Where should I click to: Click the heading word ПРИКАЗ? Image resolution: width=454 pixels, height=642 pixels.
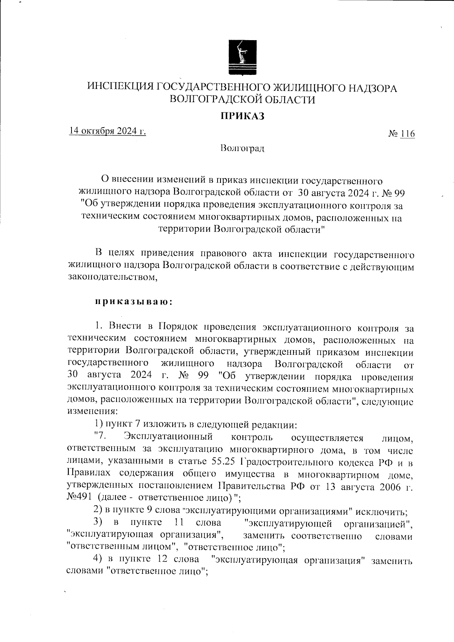point(243,116)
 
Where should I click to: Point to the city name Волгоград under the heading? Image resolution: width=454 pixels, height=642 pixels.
point(243,148)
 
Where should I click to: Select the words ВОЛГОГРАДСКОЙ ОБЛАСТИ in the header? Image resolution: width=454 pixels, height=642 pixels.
point(243,100)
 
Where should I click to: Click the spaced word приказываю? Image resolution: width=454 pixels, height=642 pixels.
point(134,302)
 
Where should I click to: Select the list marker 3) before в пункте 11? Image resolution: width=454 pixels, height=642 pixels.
point(98,524)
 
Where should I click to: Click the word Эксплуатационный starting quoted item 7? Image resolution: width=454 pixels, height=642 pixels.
point(168,437)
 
